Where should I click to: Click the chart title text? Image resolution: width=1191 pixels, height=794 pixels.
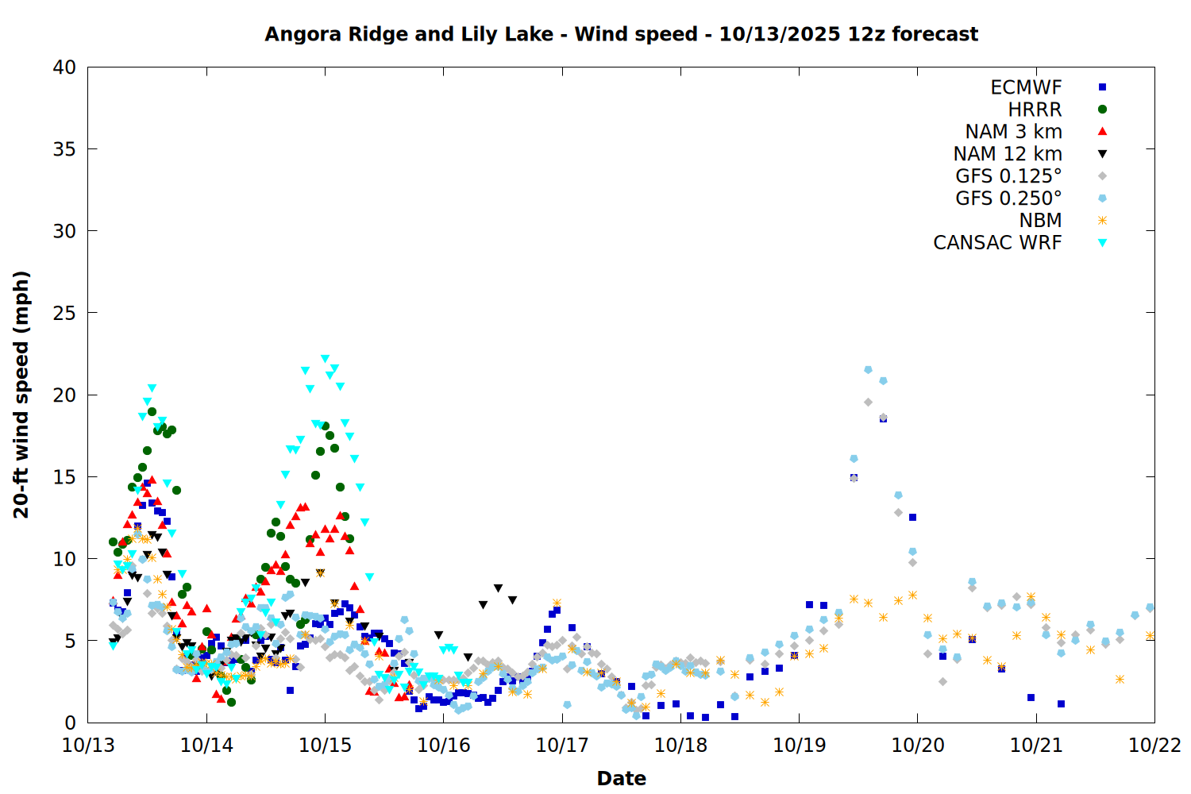pyautogui.click(x=621, y=34)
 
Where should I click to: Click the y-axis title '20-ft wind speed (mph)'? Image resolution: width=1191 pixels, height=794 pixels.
pyautogui.click(x=21, y=395)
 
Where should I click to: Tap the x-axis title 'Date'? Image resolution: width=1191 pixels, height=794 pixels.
pyautogui.click(x=621, y=778)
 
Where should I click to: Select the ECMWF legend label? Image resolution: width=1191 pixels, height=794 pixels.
pyautogui.click(x=1026, y=87)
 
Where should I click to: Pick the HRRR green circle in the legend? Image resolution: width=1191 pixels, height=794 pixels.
pyautogui.click(x=1102, y=110)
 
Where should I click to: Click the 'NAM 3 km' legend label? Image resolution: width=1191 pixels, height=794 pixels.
pyautogui.click(x=1013, y=132)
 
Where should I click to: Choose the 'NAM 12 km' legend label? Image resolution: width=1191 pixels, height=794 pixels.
pyautogui.click(x=1008, y=154)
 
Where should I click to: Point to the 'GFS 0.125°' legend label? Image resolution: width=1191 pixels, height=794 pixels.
pyautogui.click(x=1008, y=176)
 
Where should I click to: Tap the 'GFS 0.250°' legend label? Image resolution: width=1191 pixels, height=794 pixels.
pyautogui.click(x=1008, y=198)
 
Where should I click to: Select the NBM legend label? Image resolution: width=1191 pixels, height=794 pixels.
pyautogui.click(x=1040, y=221)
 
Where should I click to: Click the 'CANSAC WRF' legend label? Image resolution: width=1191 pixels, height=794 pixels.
pyautogui.click(x=997, y=243)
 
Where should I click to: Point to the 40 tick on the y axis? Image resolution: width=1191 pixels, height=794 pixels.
pyautogui.click(x=64, y=67)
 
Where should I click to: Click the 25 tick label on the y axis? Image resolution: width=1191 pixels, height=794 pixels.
pyautogui.click(x=64, y=313)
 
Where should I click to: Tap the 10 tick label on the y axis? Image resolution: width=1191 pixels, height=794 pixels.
pyautogui.click(x=64, y=559)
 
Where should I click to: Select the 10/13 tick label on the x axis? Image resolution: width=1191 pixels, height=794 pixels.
pyautogui.click(x=88, y=746)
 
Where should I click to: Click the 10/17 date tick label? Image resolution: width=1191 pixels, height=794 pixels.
pyautogui.click(x=561, y=746)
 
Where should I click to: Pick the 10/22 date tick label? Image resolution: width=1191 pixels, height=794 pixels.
pyautogui.click(x=1154, y=746)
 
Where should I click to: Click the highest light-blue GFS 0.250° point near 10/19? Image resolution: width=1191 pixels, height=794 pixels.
pyautogui.click(x=868, y=370)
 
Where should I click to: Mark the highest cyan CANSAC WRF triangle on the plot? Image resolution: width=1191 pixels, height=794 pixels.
pyautogui.click(x=325, y=359)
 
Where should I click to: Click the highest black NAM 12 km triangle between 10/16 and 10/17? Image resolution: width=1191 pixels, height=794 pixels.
pyautogui.click(x=498, y=588)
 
